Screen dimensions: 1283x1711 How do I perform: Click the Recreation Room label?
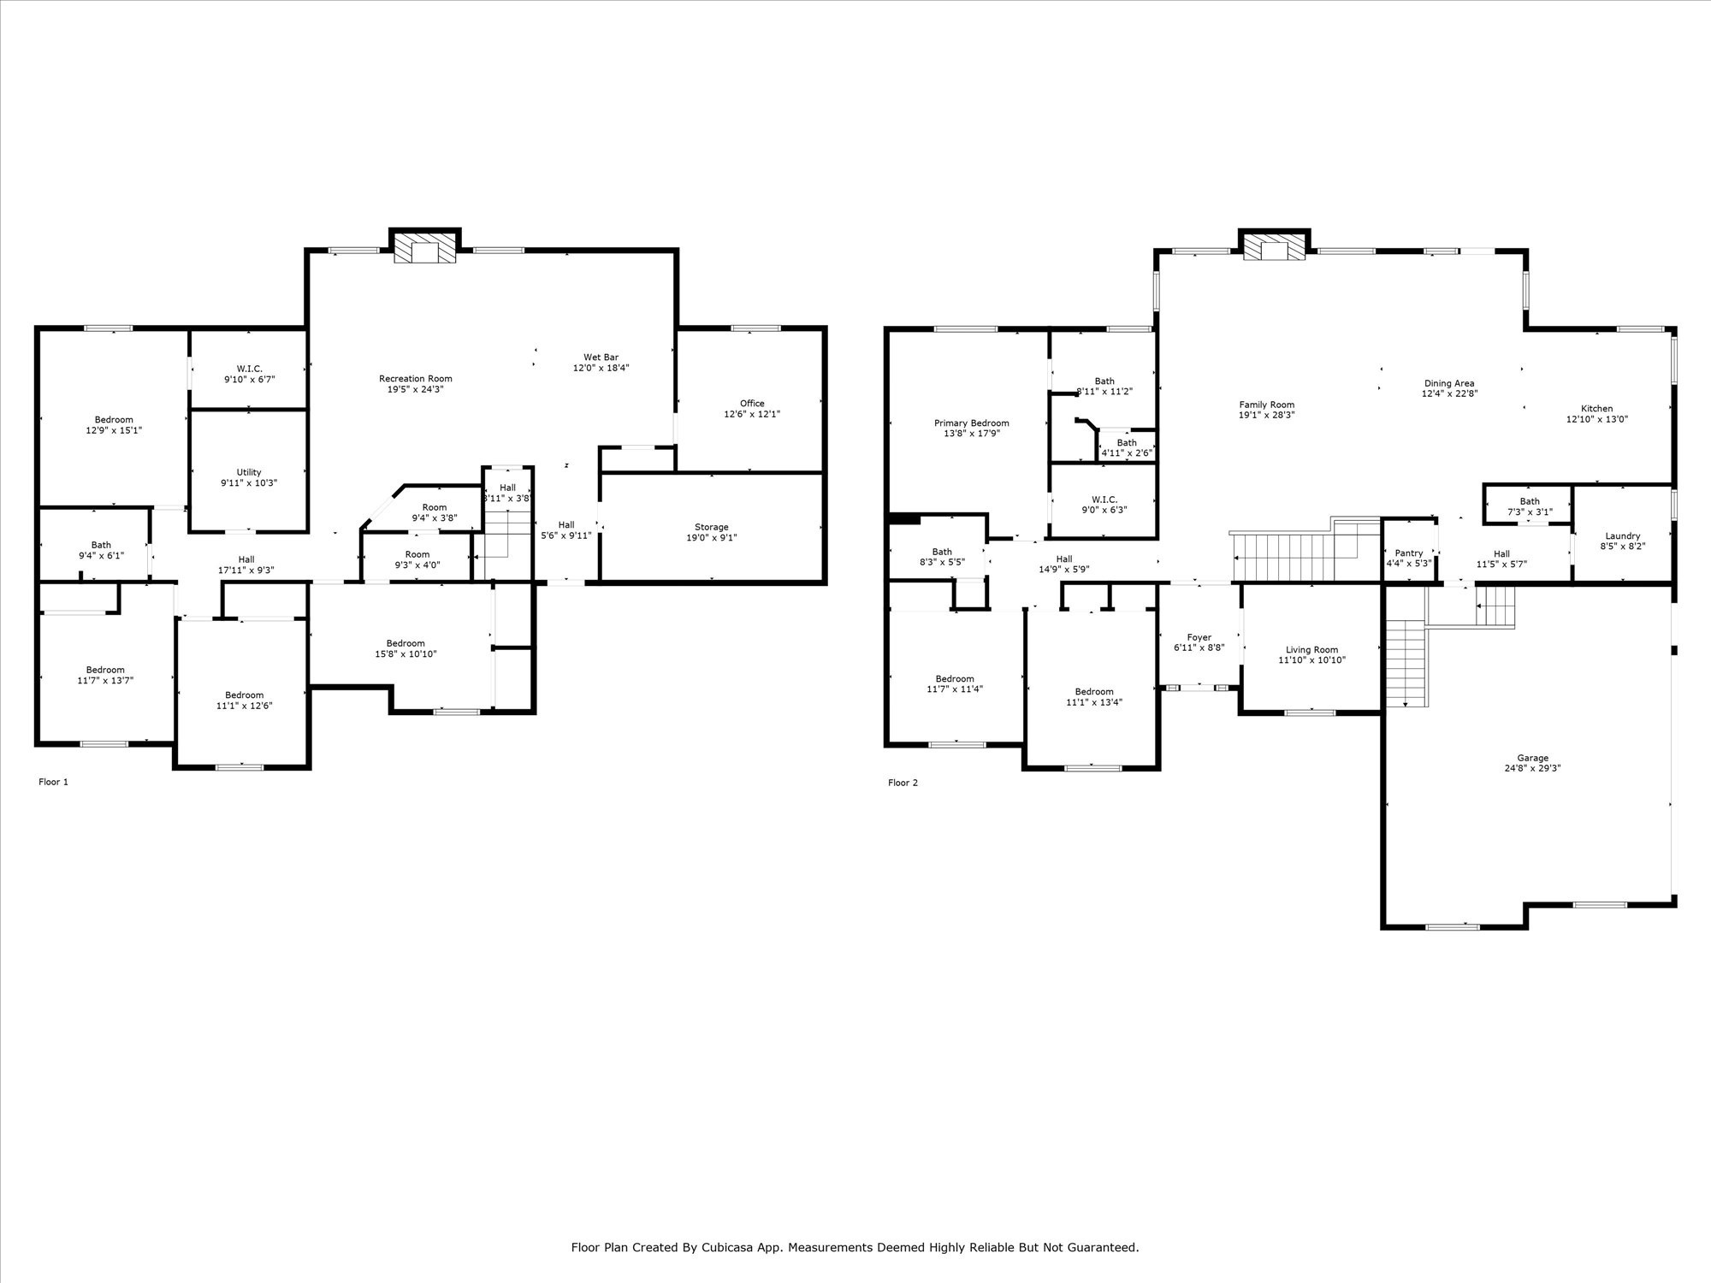click(x=415, y=378)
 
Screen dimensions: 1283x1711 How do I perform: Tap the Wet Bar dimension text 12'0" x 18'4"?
click(x=601, y=368)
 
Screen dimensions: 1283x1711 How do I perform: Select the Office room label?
click(x=752, y=403)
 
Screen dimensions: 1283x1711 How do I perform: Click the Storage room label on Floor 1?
click(x=711, y=527)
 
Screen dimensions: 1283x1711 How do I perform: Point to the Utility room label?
click(x=248, y=472)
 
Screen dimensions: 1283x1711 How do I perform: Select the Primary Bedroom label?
click(x=971, y=423)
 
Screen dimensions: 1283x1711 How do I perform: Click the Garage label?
click(x=1532, y=758)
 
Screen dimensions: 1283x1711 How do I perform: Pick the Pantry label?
click(x=1408, y=553)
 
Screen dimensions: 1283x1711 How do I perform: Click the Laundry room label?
click(x=1622, y=535)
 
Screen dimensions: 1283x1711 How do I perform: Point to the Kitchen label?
click(x=1596, y=408)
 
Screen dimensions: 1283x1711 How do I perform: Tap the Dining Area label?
click(x=1449, y=383)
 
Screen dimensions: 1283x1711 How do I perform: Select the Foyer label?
click(x=1199, y=637)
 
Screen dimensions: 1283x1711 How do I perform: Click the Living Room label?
click(x=1311, y=649)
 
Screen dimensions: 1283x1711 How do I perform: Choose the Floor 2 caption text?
click(x=903, y=783)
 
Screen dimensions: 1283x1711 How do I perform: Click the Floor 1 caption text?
click(x=53, y=782)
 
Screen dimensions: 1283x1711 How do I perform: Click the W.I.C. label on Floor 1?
click(x=249, y=368)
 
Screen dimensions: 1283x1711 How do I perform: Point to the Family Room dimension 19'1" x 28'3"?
click(x=1266, y=415)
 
